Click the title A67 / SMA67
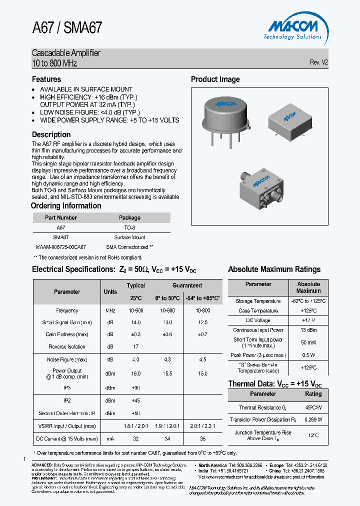tap(67, 27)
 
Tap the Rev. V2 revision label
tap(318, 62)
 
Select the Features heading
tap(46, 79)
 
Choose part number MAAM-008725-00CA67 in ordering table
tap(61, 247)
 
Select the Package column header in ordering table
tap(129, 217)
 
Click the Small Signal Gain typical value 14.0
tap(135, 322)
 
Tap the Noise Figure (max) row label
tap(67, 359)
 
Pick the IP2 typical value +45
tap(135, 400)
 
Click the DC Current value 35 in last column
tap(202, 438)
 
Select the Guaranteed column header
tap(187, 285)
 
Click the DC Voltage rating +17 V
tap(308, 320)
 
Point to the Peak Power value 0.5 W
tap(308, 355)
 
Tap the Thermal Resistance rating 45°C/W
tap(313, 407)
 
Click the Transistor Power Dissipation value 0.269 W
tap(313, 419)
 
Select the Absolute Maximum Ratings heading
tap(274, 269)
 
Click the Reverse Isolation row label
tap(67, 346)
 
